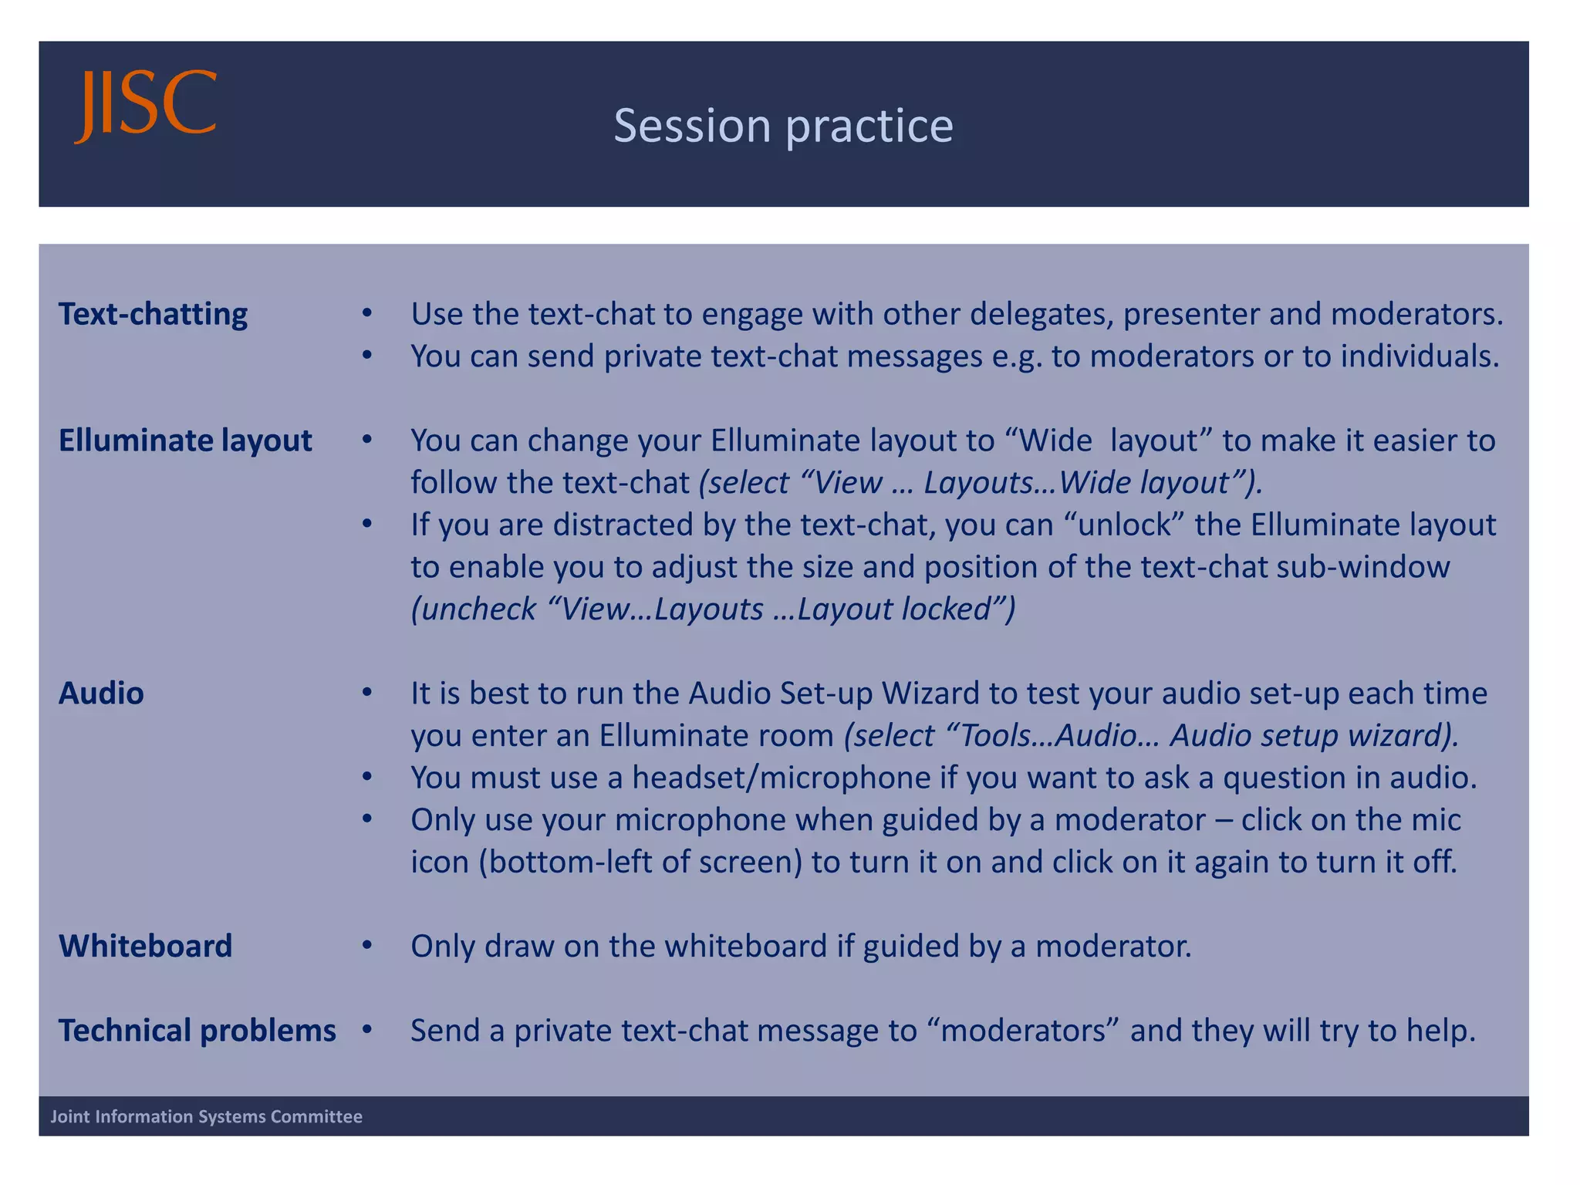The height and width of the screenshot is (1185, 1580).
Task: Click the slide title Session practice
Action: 783,126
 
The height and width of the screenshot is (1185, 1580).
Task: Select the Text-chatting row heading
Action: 153,315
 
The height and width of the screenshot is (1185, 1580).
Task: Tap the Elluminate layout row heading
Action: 185,441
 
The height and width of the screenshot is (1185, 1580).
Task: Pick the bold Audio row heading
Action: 101,694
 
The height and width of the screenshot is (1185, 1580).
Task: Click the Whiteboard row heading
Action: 145,946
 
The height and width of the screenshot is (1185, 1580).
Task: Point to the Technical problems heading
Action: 197,1031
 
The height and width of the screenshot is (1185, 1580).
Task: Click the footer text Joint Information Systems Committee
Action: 206,1116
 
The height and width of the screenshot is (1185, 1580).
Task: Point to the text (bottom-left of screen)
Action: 641,862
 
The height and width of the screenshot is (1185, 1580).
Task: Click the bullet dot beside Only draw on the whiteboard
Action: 367,945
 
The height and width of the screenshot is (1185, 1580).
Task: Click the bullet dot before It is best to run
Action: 367,693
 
